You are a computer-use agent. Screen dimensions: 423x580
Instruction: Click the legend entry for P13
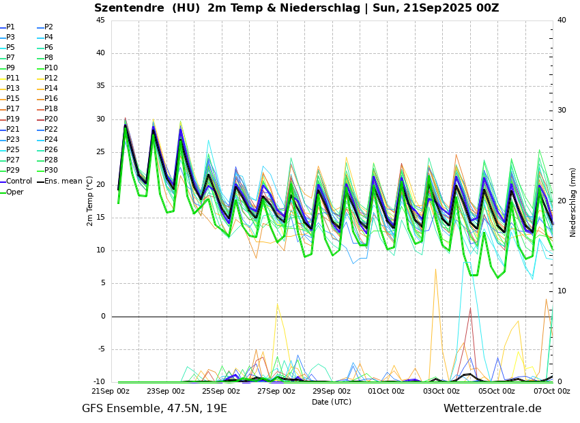point(13,89)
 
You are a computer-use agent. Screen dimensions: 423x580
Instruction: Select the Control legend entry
point(18,181)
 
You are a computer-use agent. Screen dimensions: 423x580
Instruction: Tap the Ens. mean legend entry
point(63,181)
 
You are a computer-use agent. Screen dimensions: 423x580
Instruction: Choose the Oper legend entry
point(14,192)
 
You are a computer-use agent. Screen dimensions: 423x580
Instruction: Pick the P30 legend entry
point(51,171)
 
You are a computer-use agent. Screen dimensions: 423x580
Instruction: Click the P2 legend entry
point(48,27)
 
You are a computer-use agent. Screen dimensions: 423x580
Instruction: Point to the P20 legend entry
point(51,119)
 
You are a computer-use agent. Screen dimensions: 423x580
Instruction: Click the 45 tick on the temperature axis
point(100,20)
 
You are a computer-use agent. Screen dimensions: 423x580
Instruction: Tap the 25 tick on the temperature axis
point(100,152)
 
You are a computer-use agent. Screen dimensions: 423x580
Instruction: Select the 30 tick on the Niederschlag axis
point(562,111)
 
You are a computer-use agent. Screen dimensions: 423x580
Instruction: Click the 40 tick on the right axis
point(562,20)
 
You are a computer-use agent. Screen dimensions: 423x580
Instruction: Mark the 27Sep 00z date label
point(276,392)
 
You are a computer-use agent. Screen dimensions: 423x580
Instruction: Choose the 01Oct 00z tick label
point(386,392)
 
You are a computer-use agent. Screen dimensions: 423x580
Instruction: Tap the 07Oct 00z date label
point(551,392)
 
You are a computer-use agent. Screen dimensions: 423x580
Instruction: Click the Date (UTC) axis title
point(332,403)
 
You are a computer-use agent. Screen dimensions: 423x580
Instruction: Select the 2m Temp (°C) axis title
point(90,201)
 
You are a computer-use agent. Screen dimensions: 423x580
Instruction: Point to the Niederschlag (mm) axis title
point(573,202)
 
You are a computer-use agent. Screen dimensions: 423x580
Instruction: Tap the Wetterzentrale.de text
point(492,409)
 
